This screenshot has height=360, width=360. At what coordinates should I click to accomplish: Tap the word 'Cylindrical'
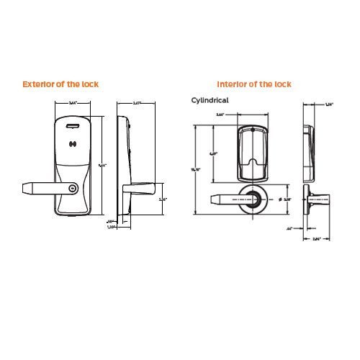click(210, 101)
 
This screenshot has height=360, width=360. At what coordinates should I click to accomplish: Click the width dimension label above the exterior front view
click(72, 104)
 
